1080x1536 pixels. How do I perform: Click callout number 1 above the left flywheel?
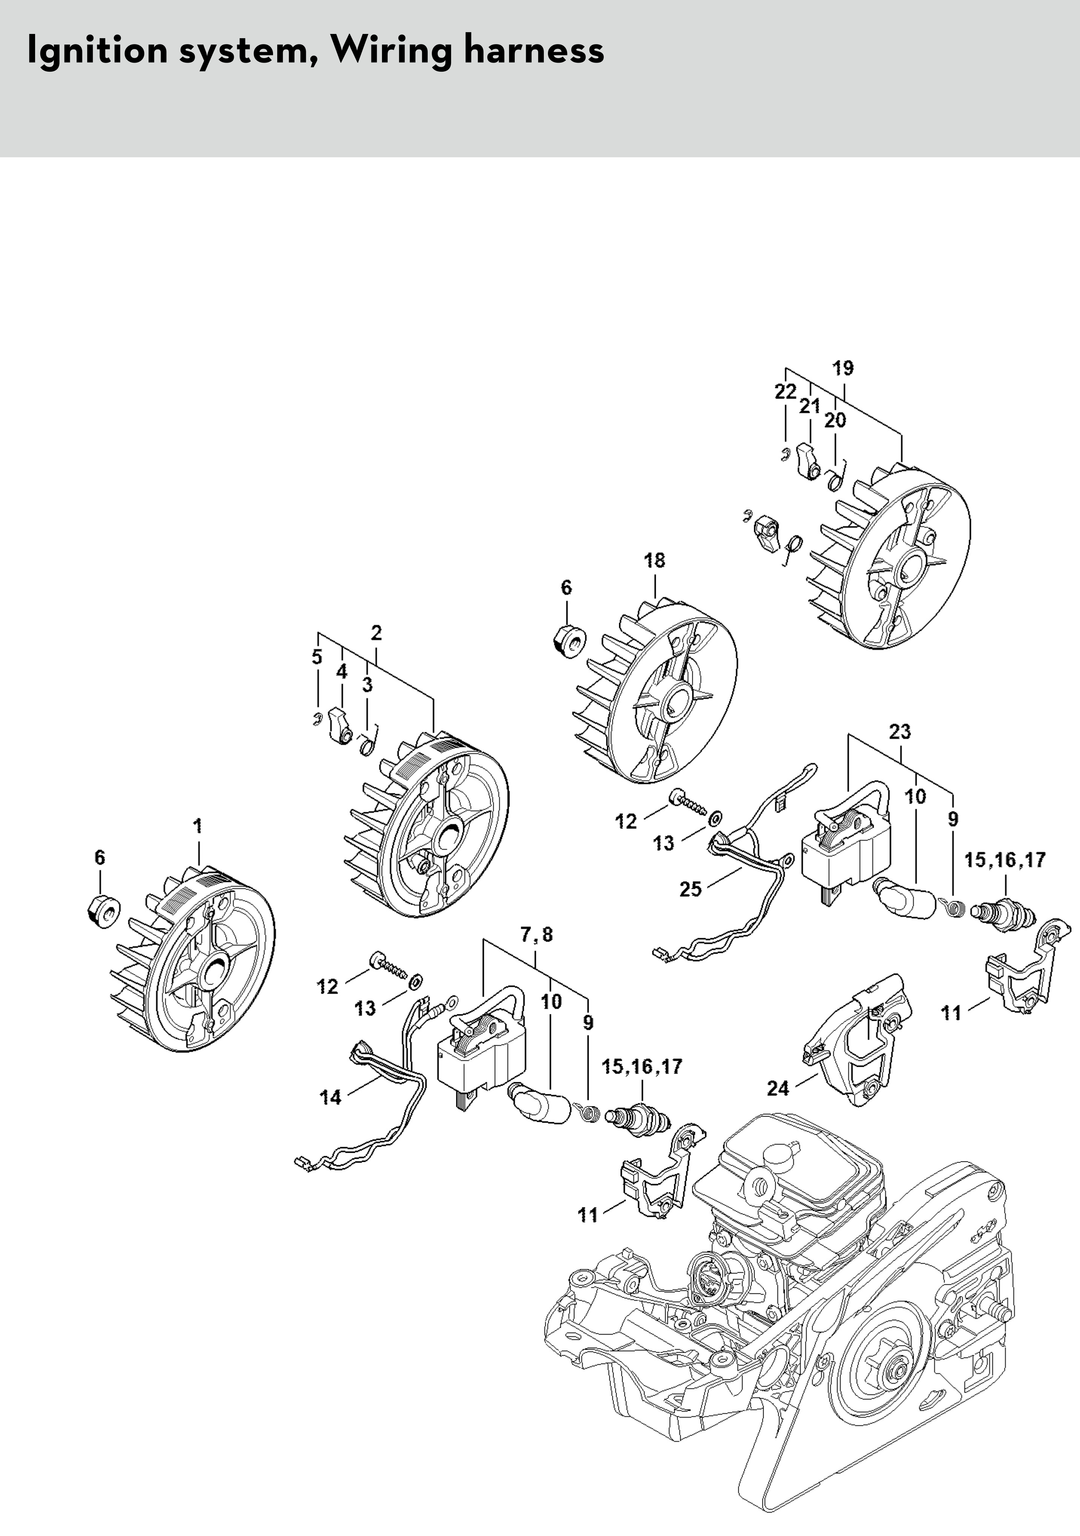point(198,826)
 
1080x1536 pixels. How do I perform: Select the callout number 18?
point(655,561)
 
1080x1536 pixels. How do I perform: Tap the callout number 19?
point(843,368)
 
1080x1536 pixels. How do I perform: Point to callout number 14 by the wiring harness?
point(330,1098)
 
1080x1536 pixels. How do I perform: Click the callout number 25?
point(691,889)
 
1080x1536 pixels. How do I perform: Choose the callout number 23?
point(900,732)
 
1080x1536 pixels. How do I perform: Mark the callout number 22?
point(786,392)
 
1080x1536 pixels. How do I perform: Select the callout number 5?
point(317,657)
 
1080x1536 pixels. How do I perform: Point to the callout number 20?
point(835,420)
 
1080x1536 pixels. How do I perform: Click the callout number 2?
point(376,632)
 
